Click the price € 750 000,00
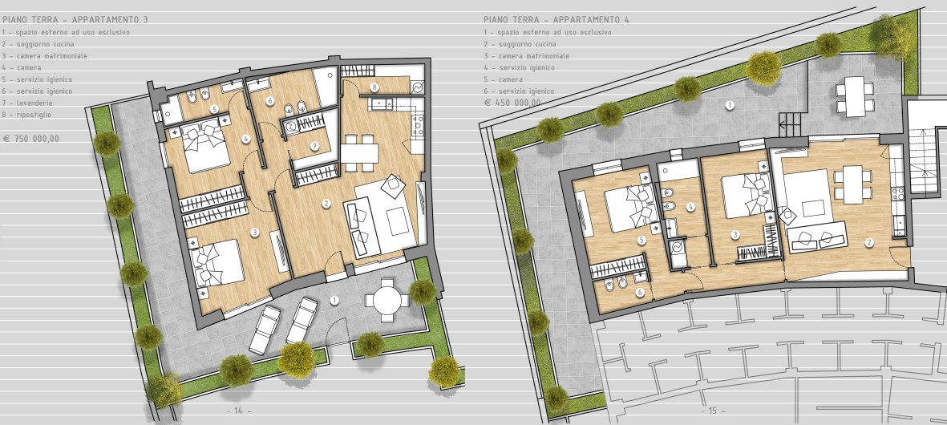point(31,139)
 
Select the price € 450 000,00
point(512,103)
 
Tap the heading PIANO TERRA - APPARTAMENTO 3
point(75,20)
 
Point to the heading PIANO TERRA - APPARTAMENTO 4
point(556,20)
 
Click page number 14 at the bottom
point(239,411)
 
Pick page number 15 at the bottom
point(713,411)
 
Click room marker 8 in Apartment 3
point(375,87)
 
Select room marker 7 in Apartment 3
point(314,145)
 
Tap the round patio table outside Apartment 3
point(383,299)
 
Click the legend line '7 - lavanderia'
point(27,103)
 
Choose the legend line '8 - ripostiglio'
point(27,115)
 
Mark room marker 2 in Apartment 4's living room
point(869,243)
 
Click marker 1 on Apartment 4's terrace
point(730,105)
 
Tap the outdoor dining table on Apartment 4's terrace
point(855,96)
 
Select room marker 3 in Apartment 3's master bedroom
point(254,233)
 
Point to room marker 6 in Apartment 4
point(640,293)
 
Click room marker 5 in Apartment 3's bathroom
point(214,109)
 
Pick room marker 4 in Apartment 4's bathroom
point(691,206)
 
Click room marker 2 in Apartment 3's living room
point(326,204)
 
